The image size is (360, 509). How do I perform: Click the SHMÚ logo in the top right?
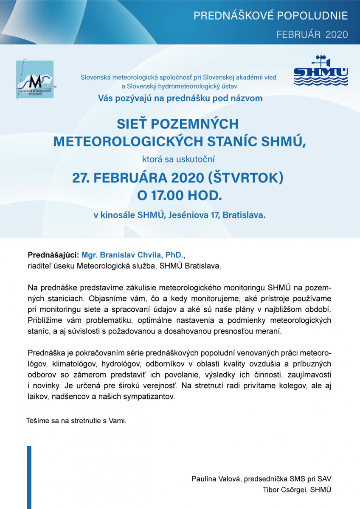pyautogui.click(x=321, y=71)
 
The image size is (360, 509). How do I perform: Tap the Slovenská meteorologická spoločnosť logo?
pyautogui.click(x=35, y=79)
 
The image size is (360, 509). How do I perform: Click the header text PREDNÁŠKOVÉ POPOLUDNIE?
pyautogui.click(x=270, y=16)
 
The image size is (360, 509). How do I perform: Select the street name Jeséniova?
pyautogui.click(x=188, y=215)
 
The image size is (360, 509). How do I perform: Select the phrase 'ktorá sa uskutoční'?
pyautogui.click(x=180, y=159)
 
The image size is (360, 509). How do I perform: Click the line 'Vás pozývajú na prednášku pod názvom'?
pyautogui.click(x=180, y=98)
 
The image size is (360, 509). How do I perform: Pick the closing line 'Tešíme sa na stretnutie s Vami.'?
pyautogui.click(x=76, y=421)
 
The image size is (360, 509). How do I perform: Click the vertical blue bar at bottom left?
pyautogui.click(x=29, y=477)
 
